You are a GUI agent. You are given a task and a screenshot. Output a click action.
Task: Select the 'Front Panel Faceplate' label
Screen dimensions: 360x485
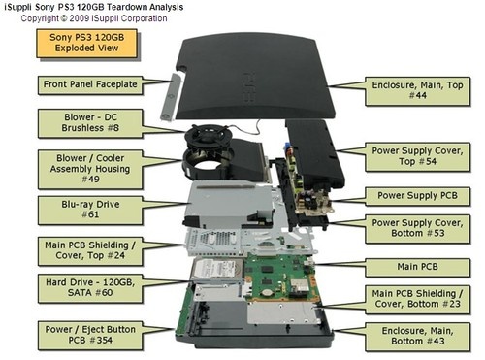click(x=88, y=84)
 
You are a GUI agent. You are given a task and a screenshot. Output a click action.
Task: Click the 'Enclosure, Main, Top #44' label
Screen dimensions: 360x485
click(x=422, y=91)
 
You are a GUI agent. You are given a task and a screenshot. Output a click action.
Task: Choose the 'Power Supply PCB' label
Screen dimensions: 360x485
click(x=422, y=195)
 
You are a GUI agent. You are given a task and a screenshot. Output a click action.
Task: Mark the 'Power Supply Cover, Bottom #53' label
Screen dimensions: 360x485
click(x=422, y=229)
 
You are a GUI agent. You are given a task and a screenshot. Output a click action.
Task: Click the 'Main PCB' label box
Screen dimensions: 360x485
click(x=422, y=264)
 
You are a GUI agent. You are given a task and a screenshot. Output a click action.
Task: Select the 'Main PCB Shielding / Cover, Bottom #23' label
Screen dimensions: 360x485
click(x=422, y=298)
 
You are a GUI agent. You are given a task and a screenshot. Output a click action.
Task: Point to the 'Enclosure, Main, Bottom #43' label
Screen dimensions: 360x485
click(x=422, y=336)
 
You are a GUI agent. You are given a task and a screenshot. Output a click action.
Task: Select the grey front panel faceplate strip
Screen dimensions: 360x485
click(x=173, y=89)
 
